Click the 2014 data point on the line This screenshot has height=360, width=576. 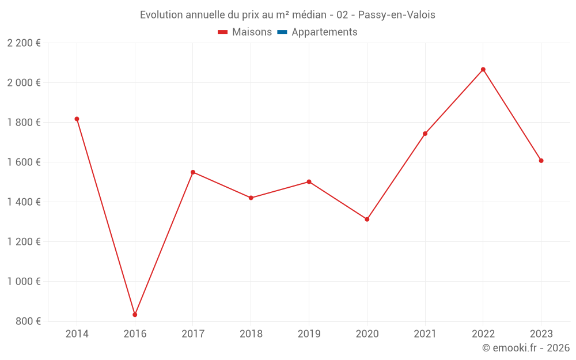click(77, 119)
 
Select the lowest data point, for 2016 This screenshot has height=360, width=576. click(135, 314)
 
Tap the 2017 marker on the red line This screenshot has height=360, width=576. click(193, 172)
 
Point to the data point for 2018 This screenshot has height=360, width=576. click(251, 198)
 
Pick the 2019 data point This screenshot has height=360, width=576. click(309, 182)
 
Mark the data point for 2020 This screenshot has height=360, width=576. click(367, 219)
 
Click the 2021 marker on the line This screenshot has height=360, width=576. click(425, 134)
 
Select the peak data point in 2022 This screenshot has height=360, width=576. click(483, 70)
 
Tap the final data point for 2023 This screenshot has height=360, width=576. click(541, 161)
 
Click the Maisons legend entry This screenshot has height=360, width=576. click(245, 32)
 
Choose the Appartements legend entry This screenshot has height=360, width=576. click(317, 32)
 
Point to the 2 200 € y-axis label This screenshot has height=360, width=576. click(24, 43)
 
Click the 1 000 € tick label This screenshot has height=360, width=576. click(24, 282)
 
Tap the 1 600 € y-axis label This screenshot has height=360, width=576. click(24, 162)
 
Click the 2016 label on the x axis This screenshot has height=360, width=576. click(135, 334)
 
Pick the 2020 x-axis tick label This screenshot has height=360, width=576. click(367, 334)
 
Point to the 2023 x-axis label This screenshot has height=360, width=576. click(541, 334)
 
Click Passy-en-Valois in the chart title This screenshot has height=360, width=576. click(396, 15)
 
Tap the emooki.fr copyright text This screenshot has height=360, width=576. click(526, 348)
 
